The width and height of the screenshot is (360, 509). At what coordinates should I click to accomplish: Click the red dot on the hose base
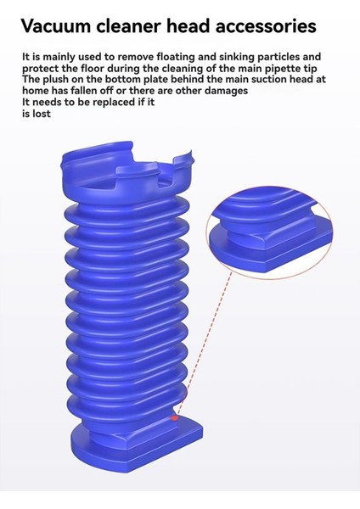(x=175, y=417)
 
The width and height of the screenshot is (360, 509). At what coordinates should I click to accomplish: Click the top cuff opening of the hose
(x=127, y=166)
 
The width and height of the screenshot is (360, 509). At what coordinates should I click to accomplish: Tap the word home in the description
(x=36, y=92)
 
